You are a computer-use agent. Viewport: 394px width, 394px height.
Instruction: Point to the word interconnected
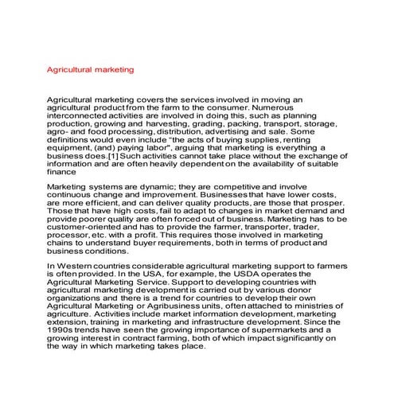tap(77, 123)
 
